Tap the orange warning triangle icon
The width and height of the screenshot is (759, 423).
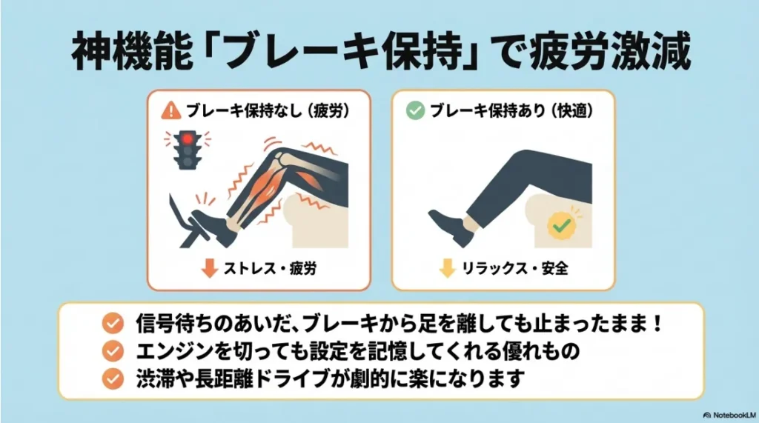pyautogui.click(x=171, y=110)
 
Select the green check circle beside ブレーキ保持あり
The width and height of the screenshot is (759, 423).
pyautogui.click(x=416, y=110)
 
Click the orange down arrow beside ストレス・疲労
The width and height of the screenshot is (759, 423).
pyautogui.click(x=210, y=268)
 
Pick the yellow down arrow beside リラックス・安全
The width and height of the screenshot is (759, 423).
pyautogui.click(x=447, y=268)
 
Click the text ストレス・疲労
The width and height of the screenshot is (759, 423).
pyautogui.click(x=270, y=268)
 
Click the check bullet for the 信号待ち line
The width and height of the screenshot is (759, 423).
pyautogui.click(x=113, y=324)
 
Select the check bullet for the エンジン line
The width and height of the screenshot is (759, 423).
pyautogui.click(x=113, y=350)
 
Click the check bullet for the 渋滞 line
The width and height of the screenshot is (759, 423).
pyautogui.click(x=113, y=377)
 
